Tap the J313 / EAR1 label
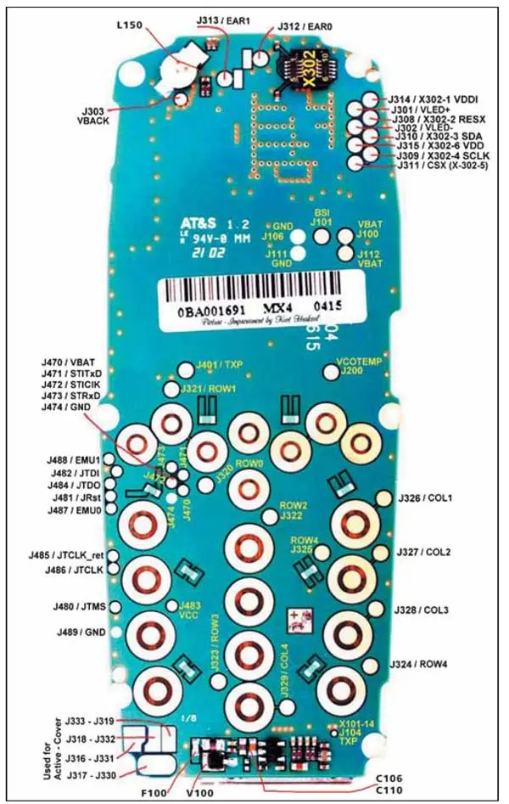[221, 11]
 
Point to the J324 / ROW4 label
[423, 663]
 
